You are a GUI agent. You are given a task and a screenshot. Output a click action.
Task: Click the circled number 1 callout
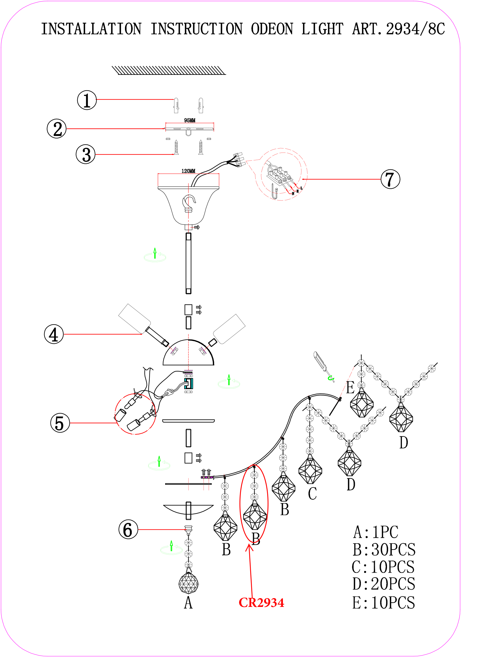tap(87, 100)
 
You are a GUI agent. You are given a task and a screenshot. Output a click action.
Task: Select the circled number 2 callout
tap(57, 129)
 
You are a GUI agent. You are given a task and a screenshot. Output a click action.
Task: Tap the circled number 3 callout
tap(86, 154)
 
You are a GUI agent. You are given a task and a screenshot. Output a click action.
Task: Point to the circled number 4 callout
tap(54, 334)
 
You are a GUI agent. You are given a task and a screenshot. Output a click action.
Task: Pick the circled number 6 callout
tap(128, 529)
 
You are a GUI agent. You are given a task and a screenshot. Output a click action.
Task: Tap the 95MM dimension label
tap(190, 120)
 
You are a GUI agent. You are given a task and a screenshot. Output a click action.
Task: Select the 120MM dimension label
tap(188, 171)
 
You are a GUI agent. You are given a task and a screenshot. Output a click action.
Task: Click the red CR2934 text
tap(261, 603)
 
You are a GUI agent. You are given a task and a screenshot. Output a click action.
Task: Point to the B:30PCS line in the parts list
tap(384, 549)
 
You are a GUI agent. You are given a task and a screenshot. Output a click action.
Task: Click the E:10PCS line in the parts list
tap(384, 603)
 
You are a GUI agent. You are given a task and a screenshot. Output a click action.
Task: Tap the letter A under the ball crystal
tap(188, 603)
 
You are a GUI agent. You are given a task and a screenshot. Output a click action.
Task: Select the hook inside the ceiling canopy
tap(189, 203)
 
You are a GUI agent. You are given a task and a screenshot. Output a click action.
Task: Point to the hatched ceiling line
tap(169, 70)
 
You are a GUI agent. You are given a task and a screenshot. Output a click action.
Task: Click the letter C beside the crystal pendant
tap(312, 494)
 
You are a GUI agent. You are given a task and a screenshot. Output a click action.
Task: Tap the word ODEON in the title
tap(272, 29)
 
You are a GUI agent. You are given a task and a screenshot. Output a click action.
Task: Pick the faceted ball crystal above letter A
tap(188, 583)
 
